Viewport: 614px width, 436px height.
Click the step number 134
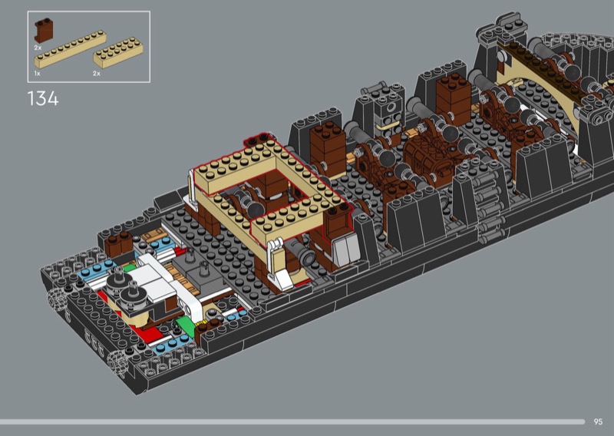click(43, 99)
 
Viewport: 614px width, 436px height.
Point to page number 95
click(598, 421)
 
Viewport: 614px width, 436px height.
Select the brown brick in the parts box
click(44, 30)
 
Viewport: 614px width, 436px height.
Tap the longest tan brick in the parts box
click(70, 49)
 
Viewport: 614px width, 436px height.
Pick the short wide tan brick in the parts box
click(118, 53)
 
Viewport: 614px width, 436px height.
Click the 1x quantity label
click(37, 73)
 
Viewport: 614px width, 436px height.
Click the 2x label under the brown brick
click(38, 48)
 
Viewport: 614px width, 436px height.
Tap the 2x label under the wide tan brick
click(97, 73)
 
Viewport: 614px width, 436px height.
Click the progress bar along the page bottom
click(292, 422)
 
